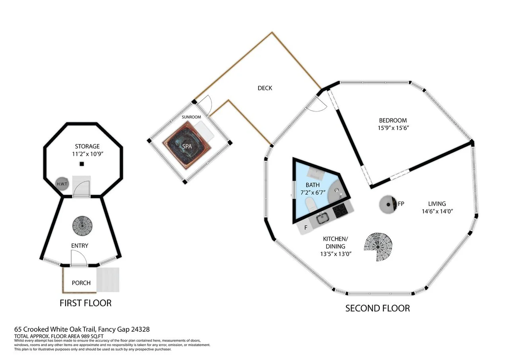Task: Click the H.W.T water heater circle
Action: point(62,184)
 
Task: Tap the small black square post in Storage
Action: point(82,164)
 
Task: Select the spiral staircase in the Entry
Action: point(82,226)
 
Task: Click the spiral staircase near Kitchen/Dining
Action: point(378,247)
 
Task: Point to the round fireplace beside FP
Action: point(388,204)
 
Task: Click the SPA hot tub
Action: point(187,146)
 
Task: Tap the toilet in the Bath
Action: point(311,204)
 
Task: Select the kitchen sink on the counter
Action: point(322,219)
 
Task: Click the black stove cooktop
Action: point(340,211)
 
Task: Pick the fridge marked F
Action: point(305,228)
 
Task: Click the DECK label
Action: point(265,88)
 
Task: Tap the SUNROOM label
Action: point(191,117)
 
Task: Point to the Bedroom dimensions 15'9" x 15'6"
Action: point(393,128)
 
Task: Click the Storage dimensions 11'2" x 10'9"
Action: point(88,154)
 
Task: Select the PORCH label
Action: point(81,283)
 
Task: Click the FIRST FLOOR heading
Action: point(85,303)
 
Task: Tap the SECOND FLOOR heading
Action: point(378,308)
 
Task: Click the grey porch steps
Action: point(108,280)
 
